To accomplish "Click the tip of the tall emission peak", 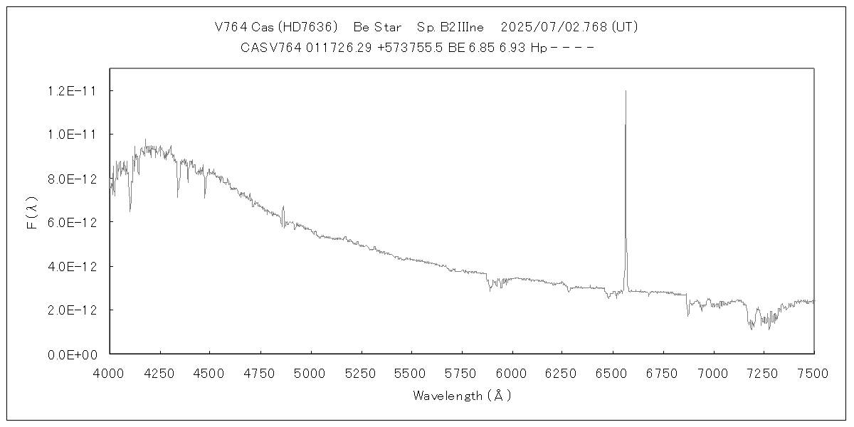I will [x=626, y=91].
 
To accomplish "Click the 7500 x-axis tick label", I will [x=813, y=373].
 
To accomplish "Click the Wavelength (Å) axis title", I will [x=462, y=396].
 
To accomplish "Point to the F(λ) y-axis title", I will [x=32, y=213].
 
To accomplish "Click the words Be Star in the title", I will [x=377, y=28].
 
